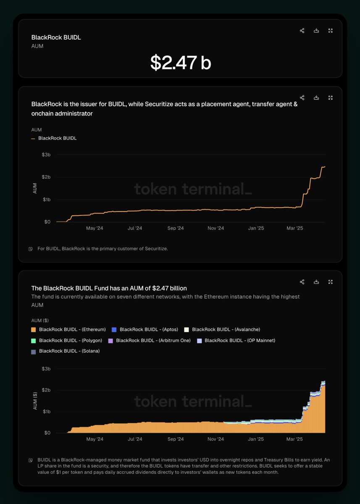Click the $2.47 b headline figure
click(x=181, y=63)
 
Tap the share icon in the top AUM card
click(x=302, y=31)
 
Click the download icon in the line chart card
click(x=316, y=98)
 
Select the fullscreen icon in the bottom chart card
click(x=331, y=282)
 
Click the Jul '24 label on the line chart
click(x=135, y=228)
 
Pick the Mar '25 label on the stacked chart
click(x=294, y=439)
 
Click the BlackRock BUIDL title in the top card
click(x=56, y=37)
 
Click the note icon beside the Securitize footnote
click(x=31, y=249)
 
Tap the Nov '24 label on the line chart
click(x=215, y=228)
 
